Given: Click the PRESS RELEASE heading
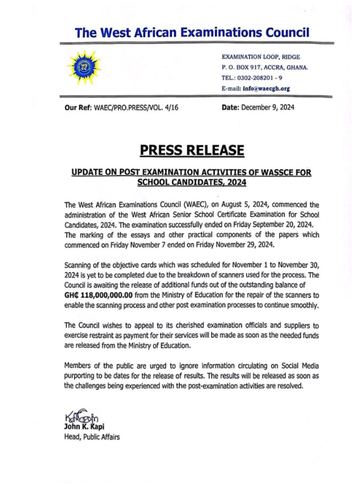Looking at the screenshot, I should tap(192, 150).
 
